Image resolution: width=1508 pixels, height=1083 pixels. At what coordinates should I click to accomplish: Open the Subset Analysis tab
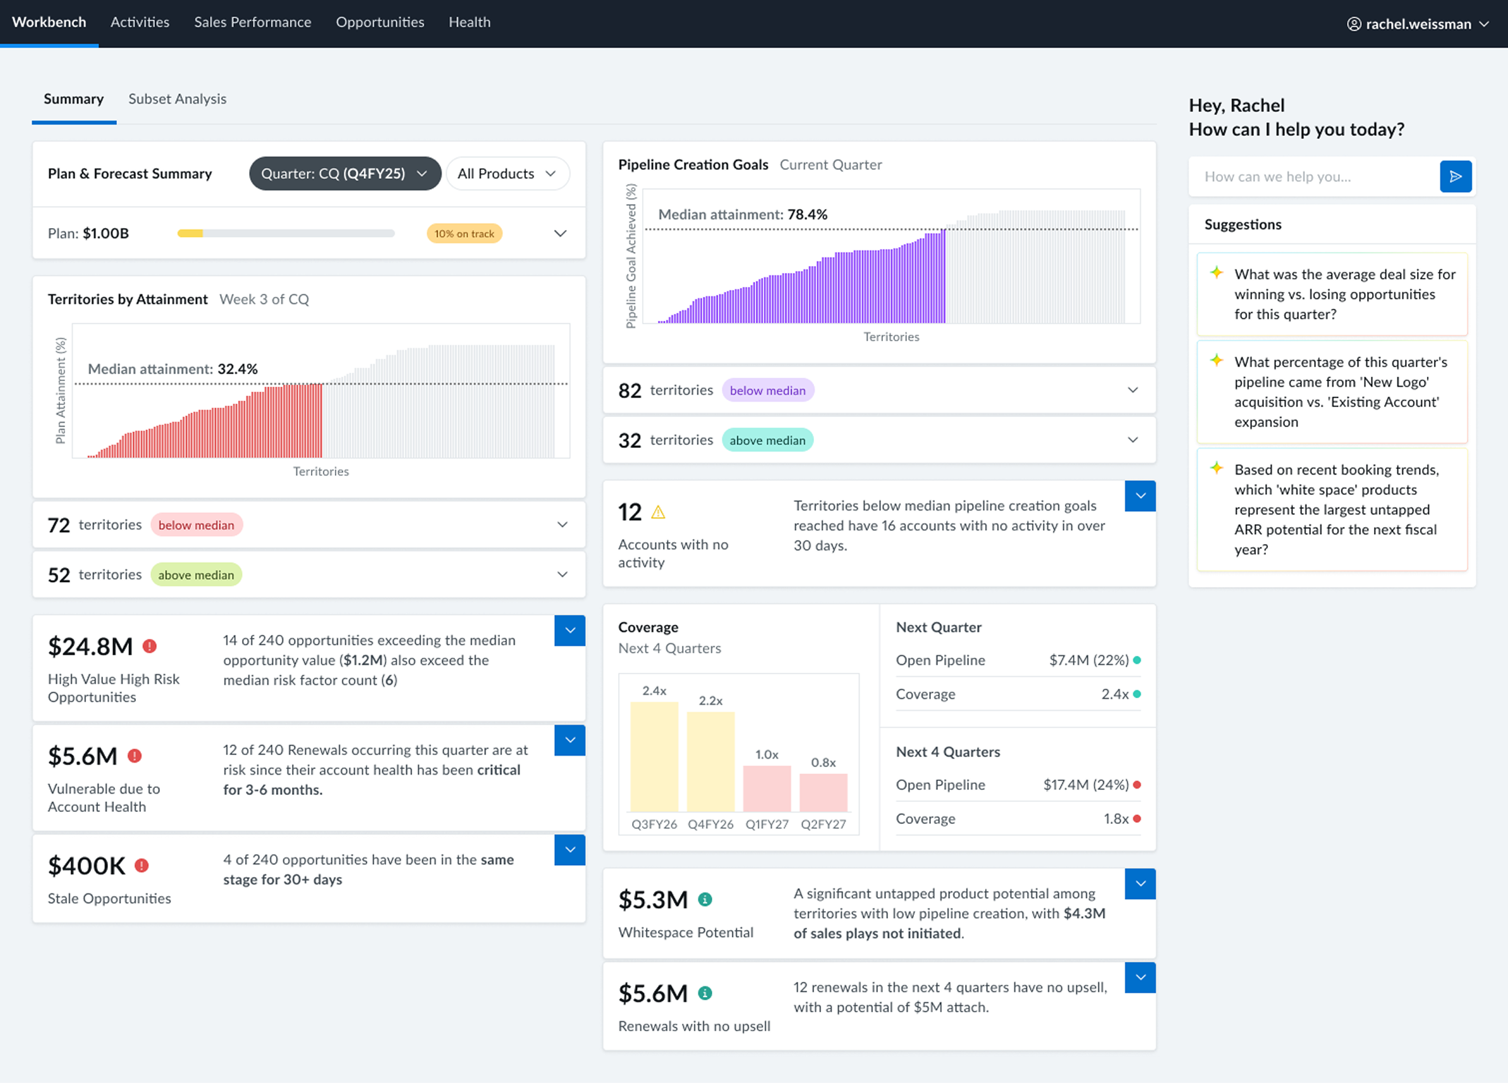tap(177, 99)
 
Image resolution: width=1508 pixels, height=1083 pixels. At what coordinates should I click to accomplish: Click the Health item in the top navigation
tap(470, 22)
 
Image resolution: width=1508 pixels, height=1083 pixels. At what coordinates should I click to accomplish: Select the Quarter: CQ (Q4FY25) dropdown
tap(345, 174)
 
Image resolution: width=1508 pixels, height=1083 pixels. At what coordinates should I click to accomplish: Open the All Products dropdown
tap(508, 174)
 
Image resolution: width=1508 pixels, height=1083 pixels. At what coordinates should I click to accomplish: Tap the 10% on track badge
tap(464, 233)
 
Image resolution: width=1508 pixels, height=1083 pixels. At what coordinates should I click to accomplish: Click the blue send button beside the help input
tap(1456, 176)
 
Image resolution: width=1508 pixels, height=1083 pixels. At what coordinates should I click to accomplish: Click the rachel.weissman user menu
tap(1418, 24)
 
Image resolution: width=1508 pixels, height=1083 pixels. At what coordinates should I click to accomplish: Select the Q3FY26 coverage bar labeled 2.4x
tap(654, 756)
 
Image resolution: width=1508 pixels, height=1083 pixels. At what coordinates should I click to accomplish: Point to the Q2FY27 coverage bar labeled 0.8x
tap(823, 792)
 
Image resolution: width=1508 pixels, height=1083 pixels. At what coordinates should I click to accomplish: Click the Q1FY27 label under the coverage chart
tap(767, 825)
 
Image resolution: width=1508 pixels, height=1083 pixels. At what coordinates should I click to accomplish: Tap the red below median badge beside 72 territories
tap(196, 524)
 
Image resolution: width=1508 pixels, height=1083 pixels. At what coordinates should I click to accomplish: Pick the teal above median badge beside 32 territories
tap(767, 440)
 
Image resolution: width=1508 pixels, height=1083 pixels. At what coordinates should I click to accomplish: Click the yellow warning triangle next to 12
tap(659, 512)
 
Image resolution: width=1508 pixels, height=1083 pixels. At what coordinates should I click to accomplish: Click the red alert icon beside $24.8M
tap(150, 646)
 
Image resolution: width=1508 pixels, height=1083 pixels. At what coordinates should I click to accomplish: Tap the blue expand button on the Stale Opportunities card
tap(570, 850)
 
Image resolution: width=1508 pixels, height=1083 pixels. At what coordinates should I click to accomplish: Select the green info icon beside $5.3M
tap(705, 899)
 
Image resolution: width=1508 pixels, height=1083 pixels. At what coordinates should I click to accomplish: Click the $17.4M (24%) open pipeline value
tap(1086, 785)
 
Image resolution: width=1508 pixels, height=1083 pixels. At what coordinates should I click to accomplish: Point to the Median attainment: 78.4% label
tap(743, 215)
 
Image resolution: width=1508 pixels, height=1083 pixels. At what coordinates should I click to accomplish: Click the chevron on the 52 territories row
tap(562, 574)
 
